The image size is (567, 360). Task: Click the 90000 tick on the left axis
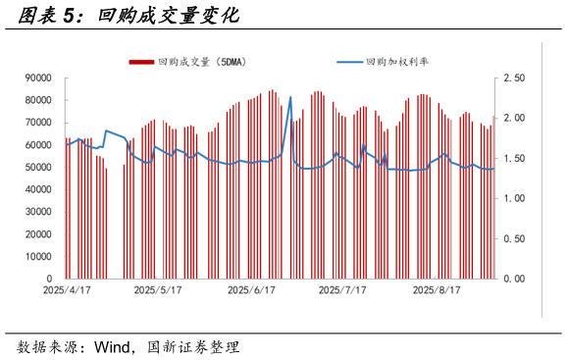38,77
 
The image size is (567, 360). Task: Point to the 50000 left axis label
38,167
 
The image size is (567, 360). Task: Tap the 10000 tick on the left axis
38,256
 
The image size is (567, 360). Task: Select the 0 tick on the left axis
49,279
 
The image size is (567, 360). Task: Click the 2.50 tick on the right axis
515,77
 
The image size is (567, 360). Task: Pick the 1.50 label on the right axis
515,158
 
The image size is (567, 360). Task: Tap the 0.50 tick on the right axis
515,238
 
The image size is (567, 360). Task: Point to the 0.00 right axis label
515,279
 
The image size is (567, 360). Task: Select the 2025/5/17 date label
158,291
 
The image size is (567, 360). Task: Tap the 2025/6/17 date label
251,291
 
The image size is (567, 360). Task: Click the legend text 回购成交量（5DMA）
202,62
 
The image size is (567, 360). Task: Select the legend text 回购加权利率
397,62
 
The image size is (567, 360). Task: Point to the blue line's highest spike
290,96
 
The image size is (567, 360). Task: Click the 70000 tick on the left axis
38,123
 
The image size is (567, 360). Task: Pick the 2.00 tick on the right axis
515,118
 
